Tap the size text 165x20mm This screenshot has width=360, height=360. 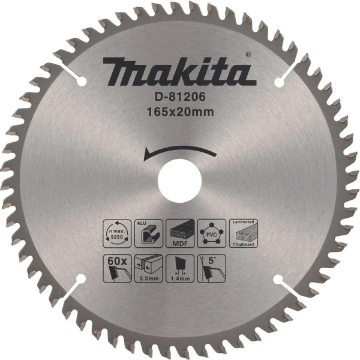pos(181,110)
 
